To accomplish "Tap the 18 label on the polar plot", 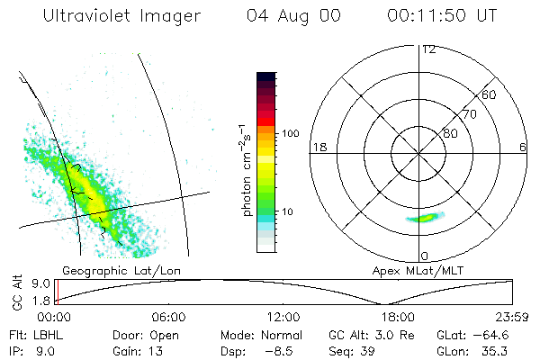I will pos(318,146).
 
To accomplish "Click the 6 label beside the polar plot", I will pos(523,146).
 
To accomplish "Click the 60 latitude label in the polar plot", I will pos(490,94).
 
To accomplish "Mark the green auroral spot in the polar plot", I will pos(425,217).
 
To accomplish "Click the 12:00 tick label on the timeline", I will pos(283,317).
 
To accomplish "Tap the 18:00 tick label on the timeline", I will pos(397,317).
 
